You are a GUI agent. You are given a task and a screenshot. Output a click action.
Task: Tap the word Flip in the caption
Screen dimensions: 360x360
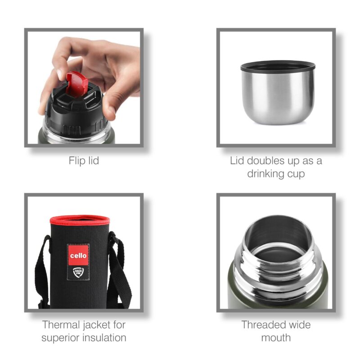coord(76,161)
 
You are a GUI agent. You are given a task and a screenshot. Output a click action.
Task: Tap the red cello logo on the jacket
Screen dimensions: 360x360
coord(78,255)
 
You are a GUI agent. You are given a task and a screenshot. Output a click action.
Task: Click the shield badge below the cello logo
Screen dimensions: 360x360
coord(77,273)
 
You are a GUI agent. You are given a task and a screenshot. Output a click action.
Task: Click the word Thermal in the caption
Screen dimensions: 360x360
coord(63,324)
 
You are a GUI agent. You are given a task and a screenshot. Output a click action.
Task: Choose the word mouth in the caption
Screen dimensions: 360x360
coord(275,337)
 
